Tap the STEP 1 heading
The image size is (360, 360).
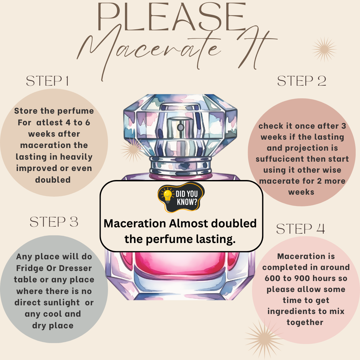pyautogui.click(x=48, y=81)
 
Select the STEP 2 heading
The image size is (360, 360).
pyautogui.click(x=302, y=81)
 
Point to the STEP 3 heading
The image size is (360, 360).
pyautogui.click(x=54, y=222)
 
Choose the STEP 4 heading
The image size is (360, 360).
pyautogui.click(x=301, y=229)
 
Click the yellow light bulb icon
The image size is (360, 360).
pyautogui.click(x=167, y=196)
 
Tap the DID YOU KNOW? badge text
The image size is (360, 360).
pyautogui.click(x=187, y=198)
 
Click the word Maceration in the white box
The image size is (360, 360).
pyautogui.click(x=135, y=223)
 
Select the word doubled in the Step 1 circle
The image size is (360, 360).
pyautogui.click(x=53, y=180)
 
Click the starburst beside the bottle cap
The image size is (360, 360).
pyautogui.click(x=133, y=150)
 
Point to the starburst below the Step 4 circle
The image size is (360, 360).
pyautogui.click(x=264, y=339)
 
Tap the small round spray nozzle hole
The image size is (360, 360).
pyautogui.click(x=180, y=127)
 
